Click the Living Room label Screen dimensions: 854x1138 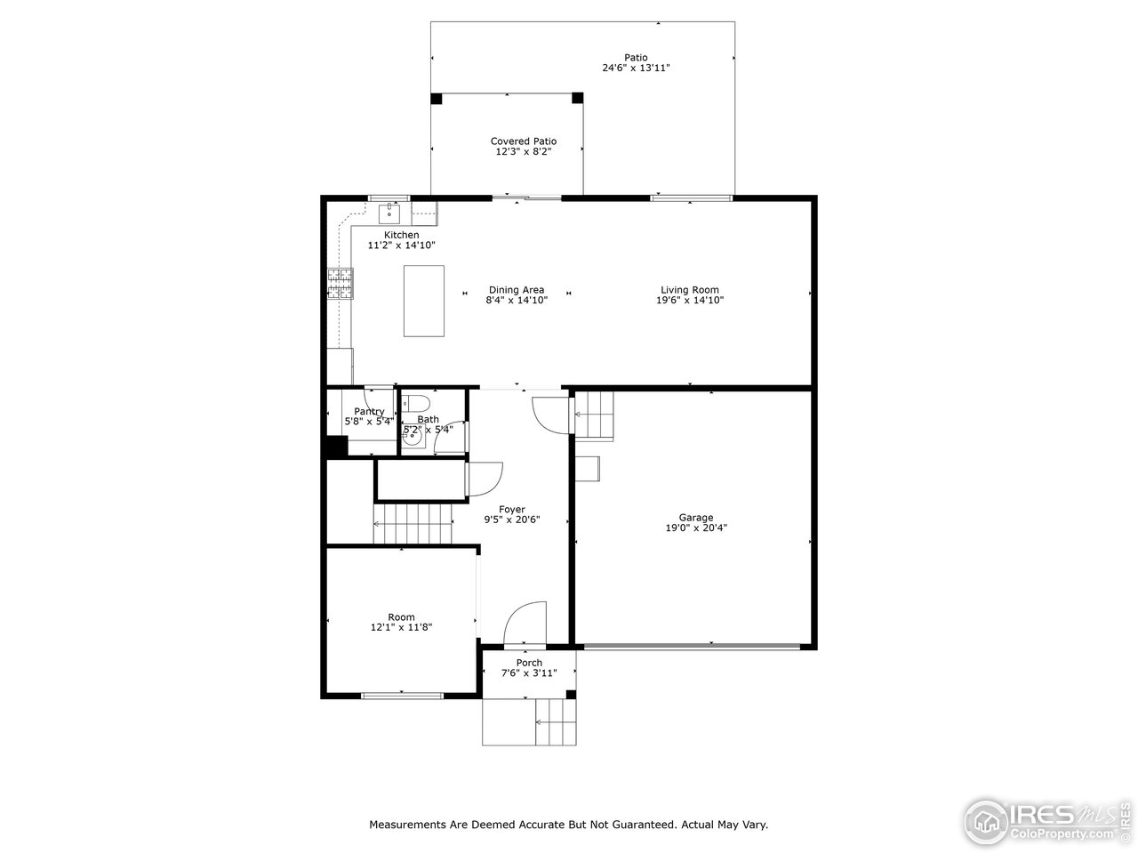[x=689, y=290]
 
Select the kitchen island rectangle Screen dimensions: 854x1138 [x=423, y=301]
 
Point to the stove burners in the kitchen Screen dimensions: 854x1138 [x=339, y=282]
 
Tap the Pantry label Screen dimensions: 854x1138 [x=369, y=412]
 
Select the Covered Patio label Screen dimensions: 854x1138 [x=524, y=141]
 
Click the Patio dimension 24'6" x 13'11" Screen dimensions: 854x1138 [x=635, y=68]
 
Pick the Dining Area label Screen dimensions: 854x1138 [x=516, y=290]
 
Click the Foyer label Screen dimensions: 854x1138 [x=511, y=510]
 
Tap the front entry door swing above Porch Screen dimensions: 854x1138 [x=525, y=622]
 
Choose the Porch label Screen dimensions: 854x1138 [x=529, y=663]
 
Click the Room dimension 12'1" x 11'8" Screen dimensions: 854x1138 [x=401, y=627]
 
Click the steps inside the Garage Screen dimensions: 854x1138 [x=593, y=415]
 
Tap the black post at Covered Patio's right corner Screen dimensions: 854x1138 [x=577, y=98]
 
